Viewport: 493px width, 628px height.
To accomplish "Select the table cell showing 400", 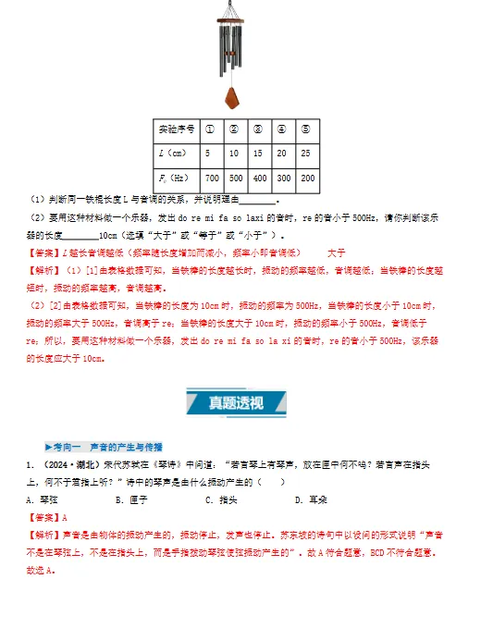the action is [x=258, y=178].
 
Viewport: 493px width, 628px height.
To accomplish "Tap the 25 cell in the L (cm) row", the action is [x=306, y=153].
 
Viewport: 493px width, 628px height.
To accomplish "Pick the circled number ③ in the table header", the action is [x=258, y=129].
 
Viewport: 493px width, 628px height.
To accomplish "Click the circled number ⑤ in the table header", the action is [x=306, y=129].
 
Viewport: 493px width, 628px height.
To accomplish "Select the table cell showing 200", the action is [x=306, y=178].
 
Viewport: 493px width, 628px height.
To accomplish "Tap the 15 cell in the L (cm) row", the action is [x=258, y=153].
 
